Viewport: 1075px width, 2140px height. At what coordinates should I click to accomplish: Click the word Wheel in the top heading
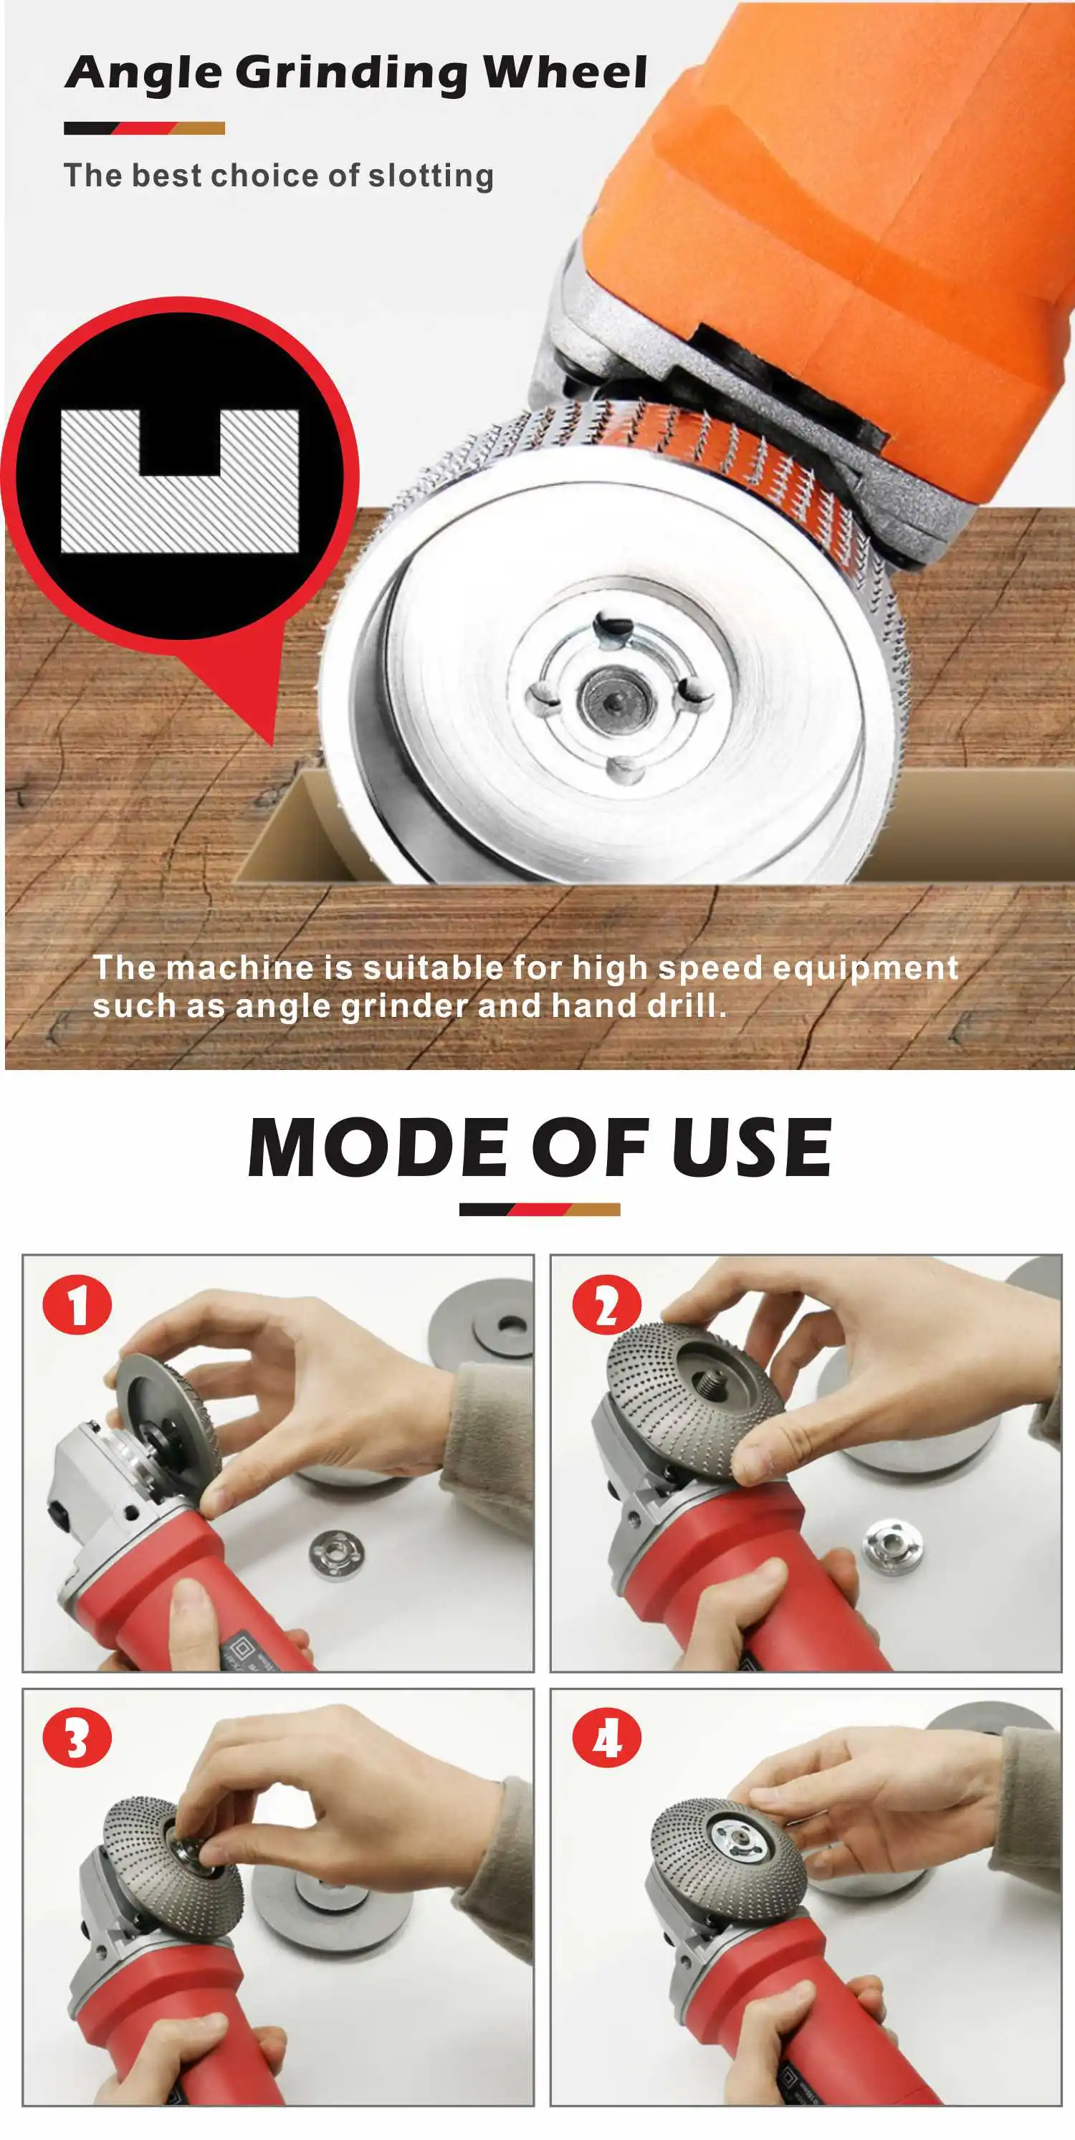point(565,72)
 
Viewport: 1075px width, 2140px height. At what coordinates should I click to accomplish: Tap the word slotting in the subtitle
point(431,176)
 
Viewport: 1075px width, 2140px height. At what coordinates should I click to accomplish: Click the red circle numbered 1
point(77,1305)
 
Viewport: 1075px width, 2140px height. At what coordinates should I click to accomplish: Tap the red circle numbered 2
point(606,1305)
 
